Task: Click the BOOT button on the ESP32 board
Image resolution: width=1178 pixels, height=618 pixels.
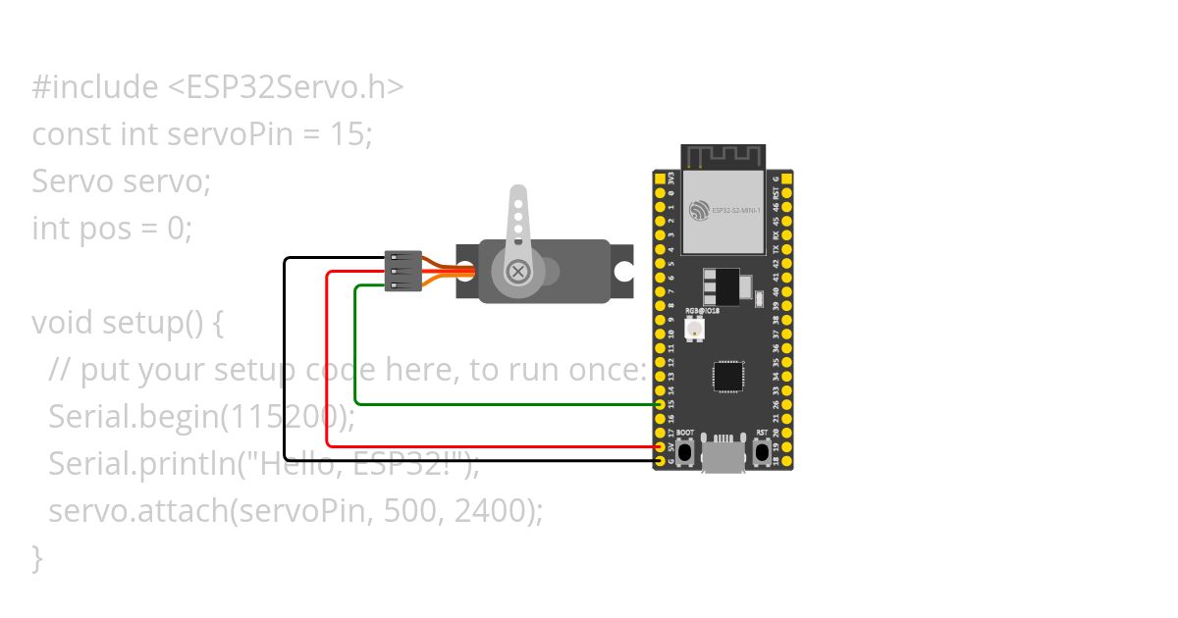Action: pyautogui.click(x=685, y=452)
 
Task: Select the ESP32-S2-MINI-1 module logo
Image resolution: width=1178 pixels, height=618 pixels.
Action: pyautogui.click(x=698, y=210)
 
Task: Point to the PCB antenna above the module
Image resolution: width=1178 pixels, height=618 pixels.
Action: pyautogui.click(x=723, y=157)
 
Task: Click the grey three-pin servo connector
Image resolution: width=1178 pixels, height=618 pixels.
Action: pyautogui.click(x=403, y=271)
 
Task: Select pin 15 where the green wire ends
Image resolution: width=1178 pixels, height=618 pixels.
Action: pyautogui.click(x=660, y=404)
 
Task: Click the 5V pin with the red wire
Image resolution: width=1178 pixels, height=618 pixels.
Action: pyautogui.click(x=660, y=446)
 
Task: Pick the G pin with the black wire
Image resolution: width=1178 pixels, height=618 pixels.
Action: pyautogui.click(x=660, y=461)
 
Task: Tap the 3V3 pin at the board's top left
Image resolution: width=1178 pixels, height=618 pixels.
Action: pyautogui.click(x=660, y=180)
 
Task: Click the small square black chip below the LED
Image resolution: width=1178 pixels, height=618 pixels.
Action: pyautogui.click(x=727, y=377)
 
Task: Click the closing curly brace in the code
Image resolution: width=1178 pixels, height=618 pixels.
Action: pyautogui.click(x=37, y=557)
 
